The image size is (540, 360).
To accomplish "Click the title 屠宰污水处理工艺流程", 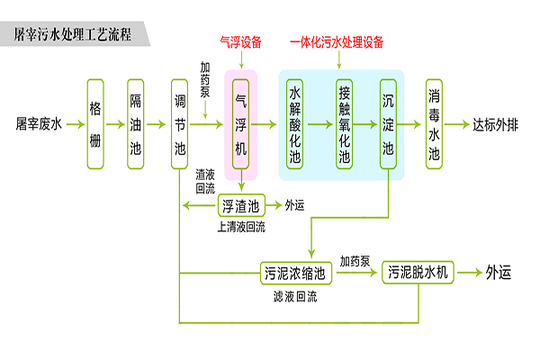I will point(73,36).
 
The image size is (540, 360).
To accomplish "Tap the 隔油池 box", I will point(135,123).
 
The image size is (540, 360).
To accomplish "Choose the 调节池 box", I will point(180,123).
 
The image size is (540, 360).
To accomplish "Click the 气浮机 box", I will point(240,123).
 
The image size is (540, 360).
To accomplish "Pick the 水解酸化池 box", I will point(294,123).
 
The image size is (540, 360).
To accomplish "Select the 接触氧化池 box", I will point(343,123).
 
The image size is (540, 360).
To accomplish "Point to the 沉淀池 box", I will point(389,123).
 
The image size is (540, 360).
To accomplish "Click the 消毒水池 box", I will point(434,123).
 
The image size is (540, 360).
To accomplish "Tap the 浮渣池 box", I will point(240,205).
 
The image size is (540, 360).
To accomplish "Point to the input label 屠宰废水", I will point(38,123).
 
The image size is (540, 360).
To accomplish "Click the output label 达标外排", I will point(496,123).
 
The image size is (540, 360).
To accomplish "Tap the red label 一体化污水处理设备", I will point(337,42).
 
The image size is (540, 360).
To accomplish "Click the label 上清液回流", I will point(241,228).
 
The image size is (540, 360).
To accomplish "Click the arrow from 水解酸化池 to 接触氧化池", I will point(319,123).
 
